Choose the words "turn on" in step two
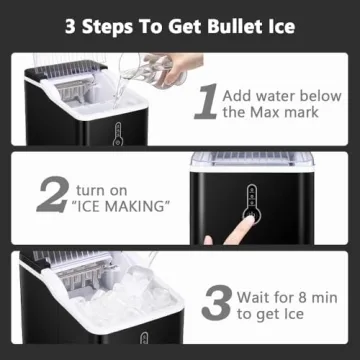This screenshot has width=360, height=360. coord(106,187)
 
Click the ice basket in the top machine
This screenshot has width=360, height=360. coord(75,93)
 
